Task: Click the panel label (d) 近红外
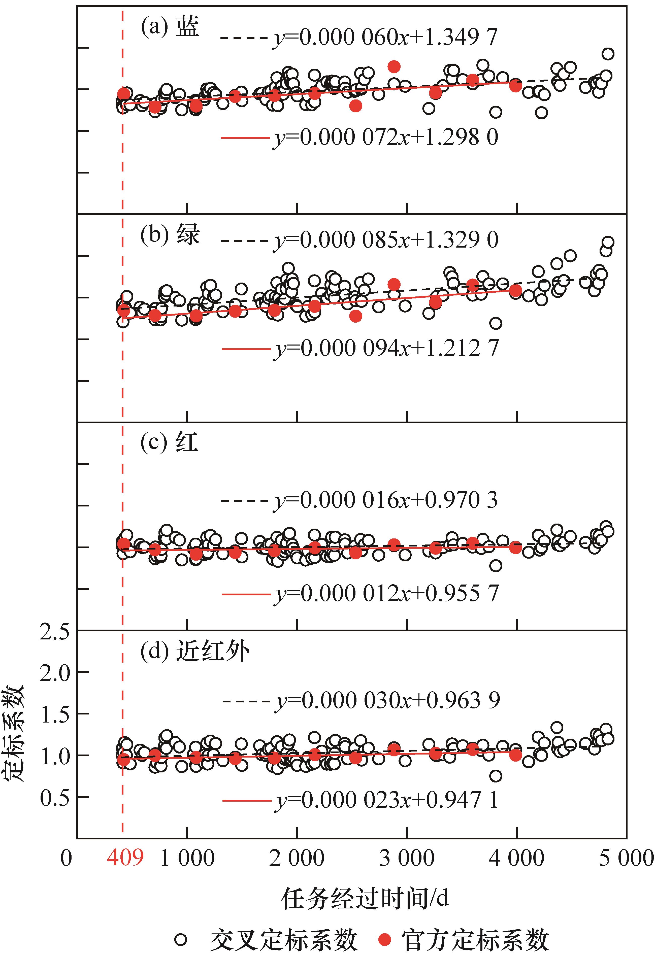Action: [x=195, y=652]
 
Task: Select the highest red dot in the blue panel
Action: [x=394, y=66]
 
